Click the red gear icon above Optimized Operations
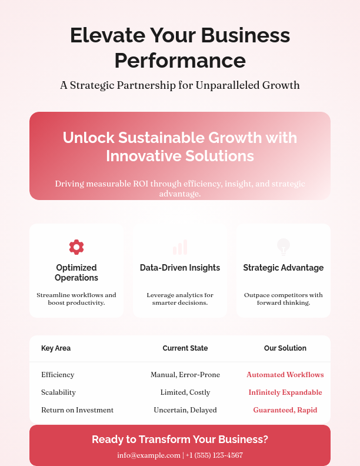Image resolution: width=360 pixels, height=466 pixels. (x=76, y=247)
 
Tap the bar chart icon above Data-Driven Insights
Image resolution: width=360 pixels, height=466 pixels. (x=180, y=247)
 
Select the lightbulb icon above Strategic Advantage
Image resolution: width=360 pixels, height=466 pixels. (x=284, y=247)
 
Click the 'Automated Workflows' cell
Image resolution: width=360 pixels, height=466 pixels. (x=285, y=375)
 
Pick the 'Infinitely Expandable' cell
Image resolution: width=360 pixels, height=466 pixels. (x=285, y=392)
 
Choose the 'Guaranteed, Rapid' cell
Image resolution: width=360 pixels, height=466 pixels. (x=285, y=410)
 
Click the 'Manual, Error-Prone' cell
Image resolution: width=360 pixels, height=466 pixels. (x=185, y=375)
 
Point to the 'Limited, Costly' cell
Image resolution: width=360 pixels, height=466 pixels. (x=185, y=392)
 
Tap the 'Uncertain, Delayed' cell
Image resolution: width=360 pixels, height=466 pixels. (x=185, y=410)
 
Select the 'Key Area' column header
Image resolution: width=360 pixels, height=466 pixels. (x=56, y=348)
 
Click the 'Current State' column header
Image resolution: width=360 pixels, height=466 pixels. (x=185, y=348)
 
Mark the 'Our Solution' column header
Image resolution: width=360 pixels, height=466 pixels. (x=285, y=348)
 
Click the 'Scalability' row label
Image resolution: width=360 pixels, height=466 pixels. (x=58, y=392)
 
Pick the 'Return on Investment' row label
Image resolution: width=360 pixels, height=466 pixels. (x=77, y=410)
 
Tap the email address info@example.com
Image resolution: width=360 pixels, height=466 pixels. (x=149, y=455)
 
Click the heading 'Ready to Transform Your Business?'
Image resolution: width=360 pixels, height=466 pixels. (x=180, y=440)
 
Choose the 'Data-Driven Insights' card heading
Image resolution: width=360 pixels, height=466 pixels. (x=180, y=268)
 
